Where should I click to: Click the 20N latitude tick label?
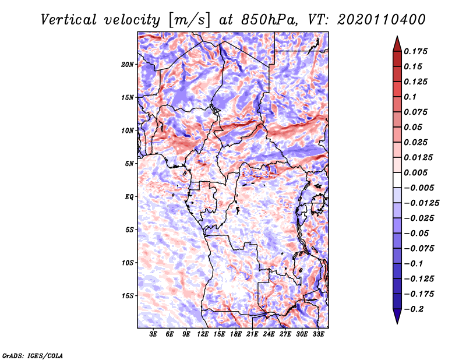128,65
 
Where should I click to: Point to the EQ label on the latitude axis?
129,197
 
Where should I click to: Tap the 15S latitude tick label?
128,296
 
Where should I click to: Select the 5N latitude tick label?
129,164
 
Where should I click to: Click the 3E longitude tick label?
153,334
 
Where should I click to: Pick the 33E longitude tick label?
318,334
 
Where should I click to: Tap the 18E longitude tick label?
236,334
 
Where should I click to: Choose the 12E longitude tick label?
203,334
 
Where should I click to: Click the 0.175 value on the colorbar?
415,51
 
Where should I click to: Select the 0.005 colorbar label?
415,172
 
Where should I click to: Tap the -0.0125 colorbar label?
421,203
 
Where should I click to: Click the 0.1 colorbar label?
410,97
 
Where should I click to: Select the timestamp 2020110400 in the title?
382,20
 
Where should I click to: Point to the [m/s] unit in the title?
189,20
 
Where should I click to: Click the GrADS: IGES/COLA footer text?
33,355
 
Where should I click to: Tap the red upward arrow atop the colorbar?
397,44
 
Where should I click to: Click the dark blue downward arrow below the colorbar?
397,316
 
